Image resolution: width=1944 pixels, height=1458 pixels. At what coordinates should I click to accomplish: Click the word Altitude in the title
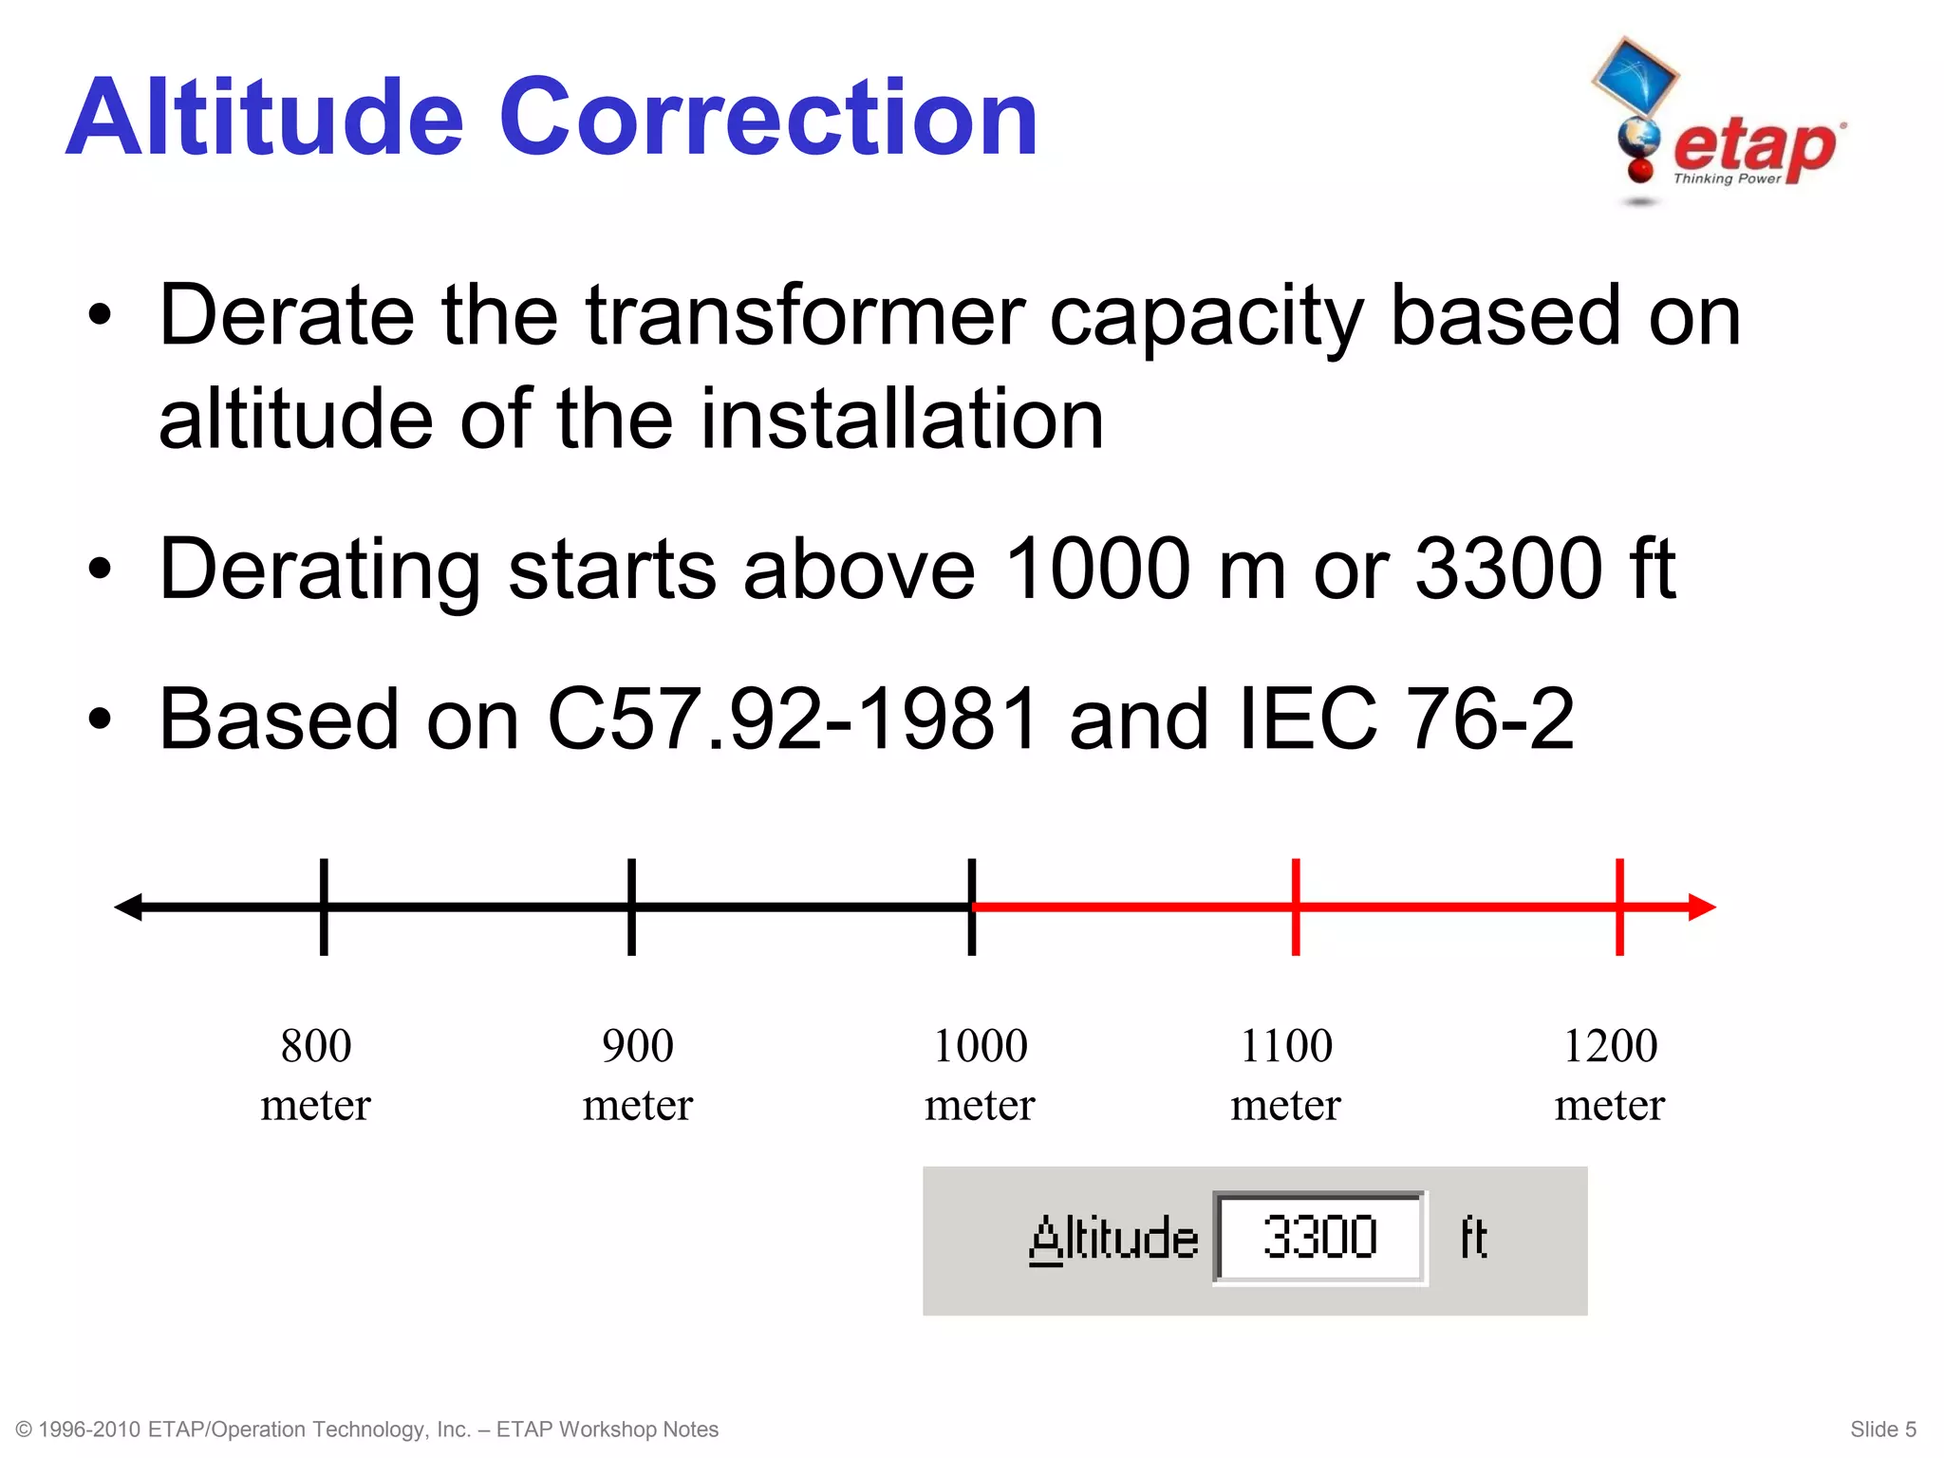tap(265, 118)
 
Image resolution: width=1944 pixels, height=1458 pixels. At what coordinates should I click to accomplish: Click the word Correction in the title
tap(768, 118)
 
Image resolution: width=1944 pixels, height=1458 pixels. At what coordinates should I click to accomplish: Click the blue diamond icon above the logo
tap(1635, 74)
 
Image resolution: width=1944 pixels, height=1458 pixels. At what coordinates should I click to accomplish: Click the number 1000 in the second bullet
tap(1096, 569)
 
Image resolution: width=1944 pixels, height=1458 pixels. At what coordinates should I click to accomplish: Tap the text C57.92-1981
tap(793, 720)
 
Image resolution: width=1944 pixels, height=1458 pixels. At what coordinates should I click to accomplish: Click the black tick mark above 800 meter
tap(324, 907)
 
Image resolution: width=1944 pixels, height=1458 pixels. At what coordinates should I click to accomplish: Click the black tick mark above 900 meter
tap(631, 907)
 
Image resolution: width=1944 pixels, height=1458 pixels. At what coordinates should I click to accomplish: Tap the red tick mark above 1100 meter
tap(1296, 907)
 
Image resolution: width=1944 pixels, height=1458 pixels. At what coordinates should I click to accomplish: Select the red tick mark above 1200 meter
tap(1619, 907)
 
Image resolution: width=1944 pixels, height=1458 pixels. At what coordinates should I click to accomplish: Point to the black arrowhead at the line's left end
tap(129, 907)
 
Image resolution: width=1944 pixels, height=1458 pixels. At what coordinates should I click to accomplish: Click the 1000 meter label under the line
tap(980, 1075)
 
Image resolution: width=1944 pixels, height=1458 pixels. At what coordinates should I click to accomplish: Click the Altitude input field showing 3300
tap(1319, 1238)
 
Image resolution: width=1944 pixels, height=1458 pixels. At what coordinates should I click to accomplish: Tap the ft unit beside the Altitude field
tap(1473, 1238)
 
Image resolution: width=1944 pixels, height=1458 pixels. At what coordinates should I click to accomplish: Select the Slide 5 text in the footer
tap(1882, 1430)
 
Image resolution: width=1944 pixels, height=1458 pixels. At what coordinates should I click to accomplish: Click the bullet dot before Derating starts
tap(100, 569)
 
